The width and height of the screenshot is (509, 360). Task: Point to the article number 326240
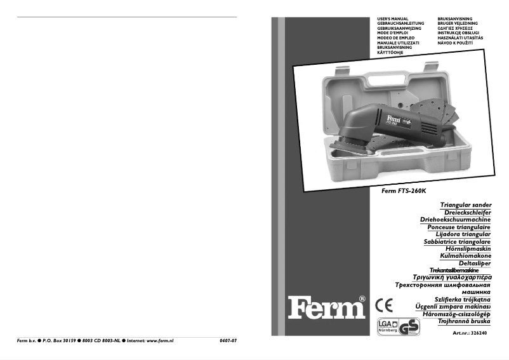point(470,333)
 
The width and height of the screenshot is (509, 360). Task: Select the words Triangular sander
point(465,205)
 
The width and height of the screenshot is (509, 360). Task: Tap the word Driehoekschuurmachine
point(455,220)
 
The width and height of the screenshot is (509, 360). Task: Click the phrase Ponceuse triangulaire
point(459,227)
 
